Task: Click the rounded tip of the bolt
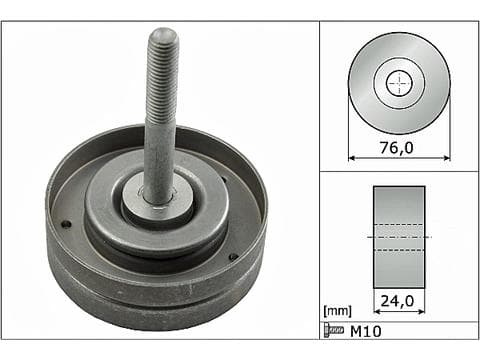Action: (163, 34)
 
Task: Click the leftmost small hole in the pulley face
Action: (67, 225)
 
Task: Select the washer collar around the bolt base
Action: (157, 203)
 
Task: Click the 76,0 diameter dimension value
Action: (396, 148)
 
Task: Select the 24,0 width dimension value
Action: (397, 301)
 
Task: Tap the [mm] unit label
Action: (337, 311)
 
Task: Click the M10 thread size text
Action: (365, 332)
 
